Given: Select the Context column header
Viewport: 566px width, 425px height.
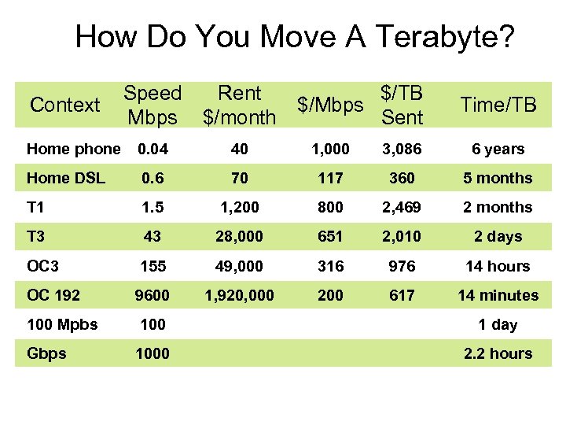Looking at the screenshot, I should point(64,105).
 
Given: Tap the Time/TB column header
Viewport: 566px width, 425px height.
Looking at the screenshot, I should point(498,105).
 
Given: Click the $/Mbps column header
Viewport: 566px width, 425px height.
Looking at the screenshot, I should point(330,105).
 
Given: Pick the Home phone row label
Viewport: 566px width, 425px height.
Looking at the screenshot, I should point(73,149).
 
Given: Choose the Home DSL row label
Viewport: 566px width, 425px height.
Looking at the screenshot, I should point(65,178).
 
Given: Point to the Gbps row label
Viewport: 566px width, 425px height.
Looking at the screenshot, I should point(46,353).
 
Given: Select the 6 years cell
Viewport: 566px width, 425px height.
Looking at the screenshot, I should point(498,149).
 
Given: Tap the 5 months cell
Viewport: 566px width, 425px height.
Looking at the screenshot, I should point(498,178).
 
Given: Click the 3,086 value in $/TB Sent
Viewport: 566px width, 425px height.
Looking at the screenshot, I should point(402,149).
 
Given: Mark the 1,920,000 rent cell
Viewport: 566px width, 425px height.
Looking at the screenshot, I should point(240,295).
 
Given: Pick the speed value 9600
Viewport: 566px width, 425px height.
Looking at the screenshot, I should point(153,295).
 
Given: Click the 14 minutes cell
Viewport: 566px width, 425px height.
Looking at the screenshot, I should point(498,295).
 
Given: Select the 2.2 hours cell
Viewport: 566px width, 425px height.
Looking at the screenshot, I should point(498,353).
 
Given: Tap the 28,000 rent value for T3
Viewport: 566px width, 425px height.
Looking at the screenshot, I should point(240,236).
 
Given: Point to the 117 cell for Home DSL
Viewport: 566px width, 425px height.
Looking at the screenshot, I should point(330,178).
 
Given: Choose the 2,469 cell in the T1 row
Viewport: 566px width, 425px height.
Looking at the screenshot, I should point(402,207).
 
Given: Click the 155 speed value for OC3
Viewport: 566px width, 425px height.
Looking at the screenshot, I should point(153,266).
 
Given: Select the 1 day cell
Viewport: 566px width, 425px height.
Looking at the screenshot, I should point(498,324).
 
